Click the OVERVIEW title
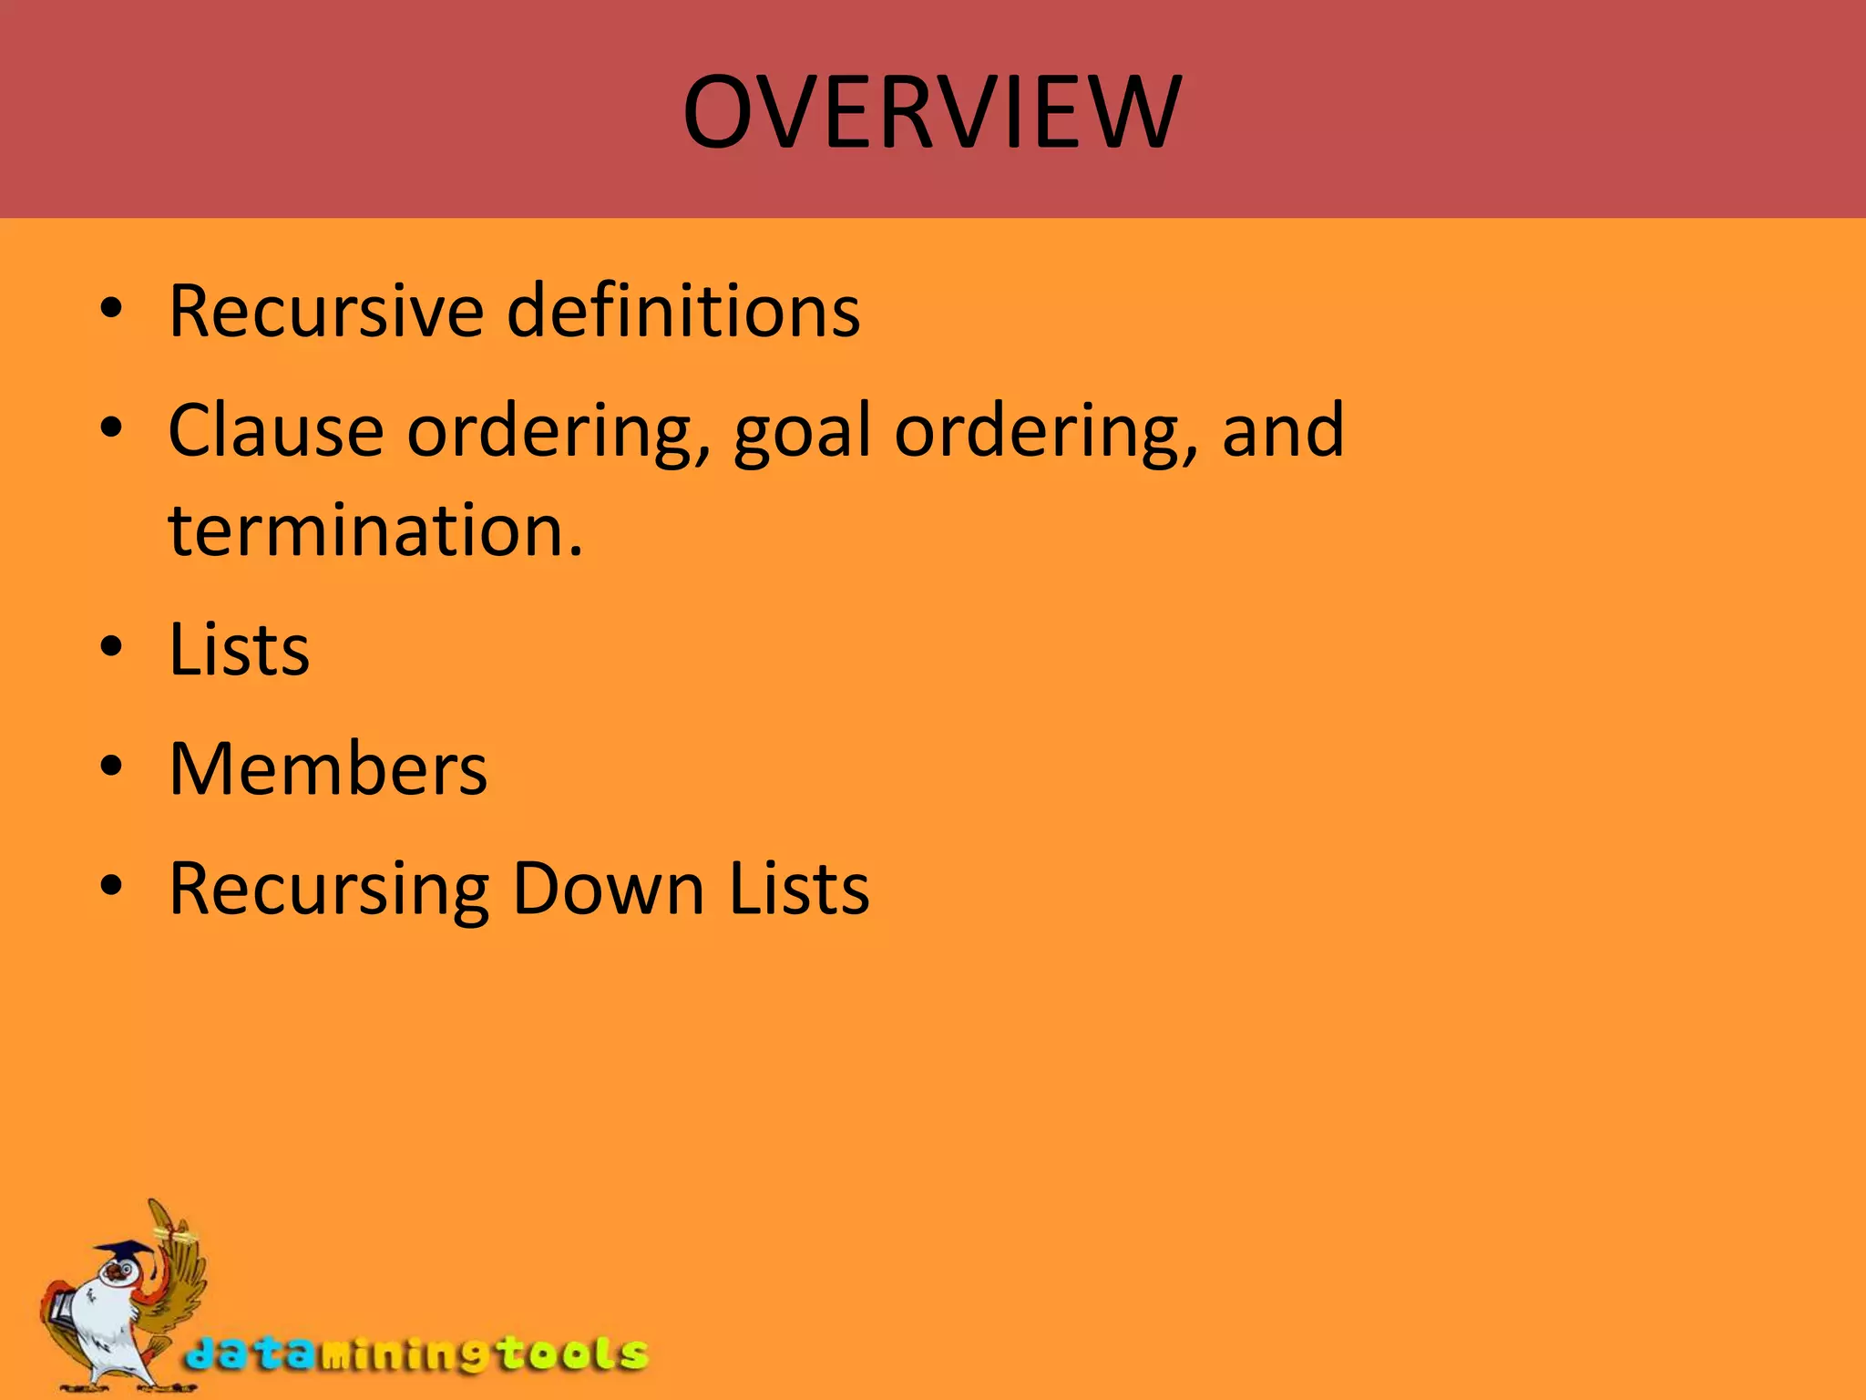pyautogui.click(x=932, y=112)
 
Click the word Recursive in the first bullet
pyautogui.click(x=325, y=311)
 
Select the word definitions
pyautogui.click(x=682, y=311)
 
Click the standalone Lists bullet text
pyautogui.click(x=240, y=650)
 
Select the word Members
pyautogui.click(x=328, y=769)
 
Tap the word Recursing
pyautogui.click(x=330, y=890)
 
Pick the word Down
pyautogui.click(x=608, y=889)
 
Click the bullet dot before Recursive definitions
pyautogui.click(x=111, y=311)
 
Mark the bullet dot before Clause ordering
pyautogui.click(x=111, y=428)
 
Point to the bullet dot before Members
pyautogui.click(x=111, y=768)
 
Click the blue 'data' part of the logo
pyautogui.click(x=246, y=1354)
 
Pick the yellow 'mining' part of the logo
pyautogui.click(x=401, y=1355)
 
